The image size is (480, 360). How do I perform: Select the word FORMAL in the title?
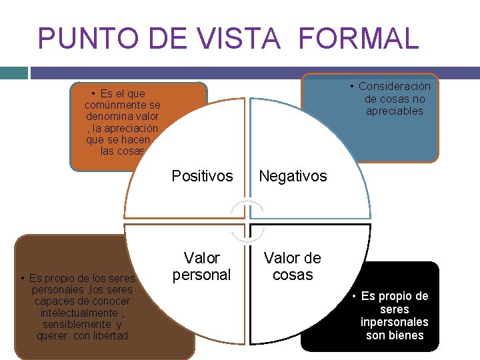[x=358, y=39]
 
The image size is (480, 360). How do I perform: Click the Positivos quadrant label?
[x=202, y=176]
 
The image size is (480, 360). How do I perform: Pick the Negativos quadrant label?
[x=293, y=176]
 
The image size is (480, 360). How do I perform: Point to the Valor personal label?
[x=201, y=266]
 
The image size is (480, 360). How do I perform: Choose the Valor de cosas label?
[x=293, y=266]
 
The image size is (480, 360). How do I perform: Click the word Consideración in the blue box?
[x=395, y=87]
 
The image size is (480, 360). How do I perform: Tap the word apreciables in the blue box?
[x=395, y=111]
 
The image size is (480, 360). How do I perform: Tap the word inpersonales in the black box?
[x=395, y=322]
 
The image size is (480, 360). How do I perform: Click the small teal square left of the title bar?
[x=13, y=72]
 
